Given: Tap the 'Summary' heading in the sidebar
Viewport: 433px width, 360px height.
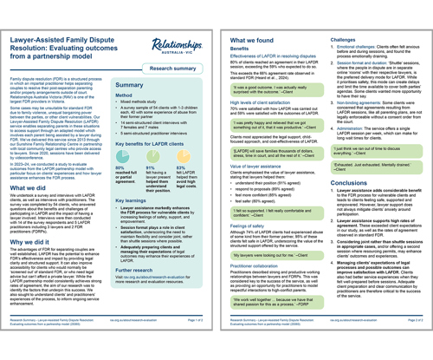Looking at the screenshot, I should (133, 88).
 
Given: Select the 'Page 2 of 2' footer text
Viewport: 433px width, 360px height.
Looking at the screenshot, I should (413, 344).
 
